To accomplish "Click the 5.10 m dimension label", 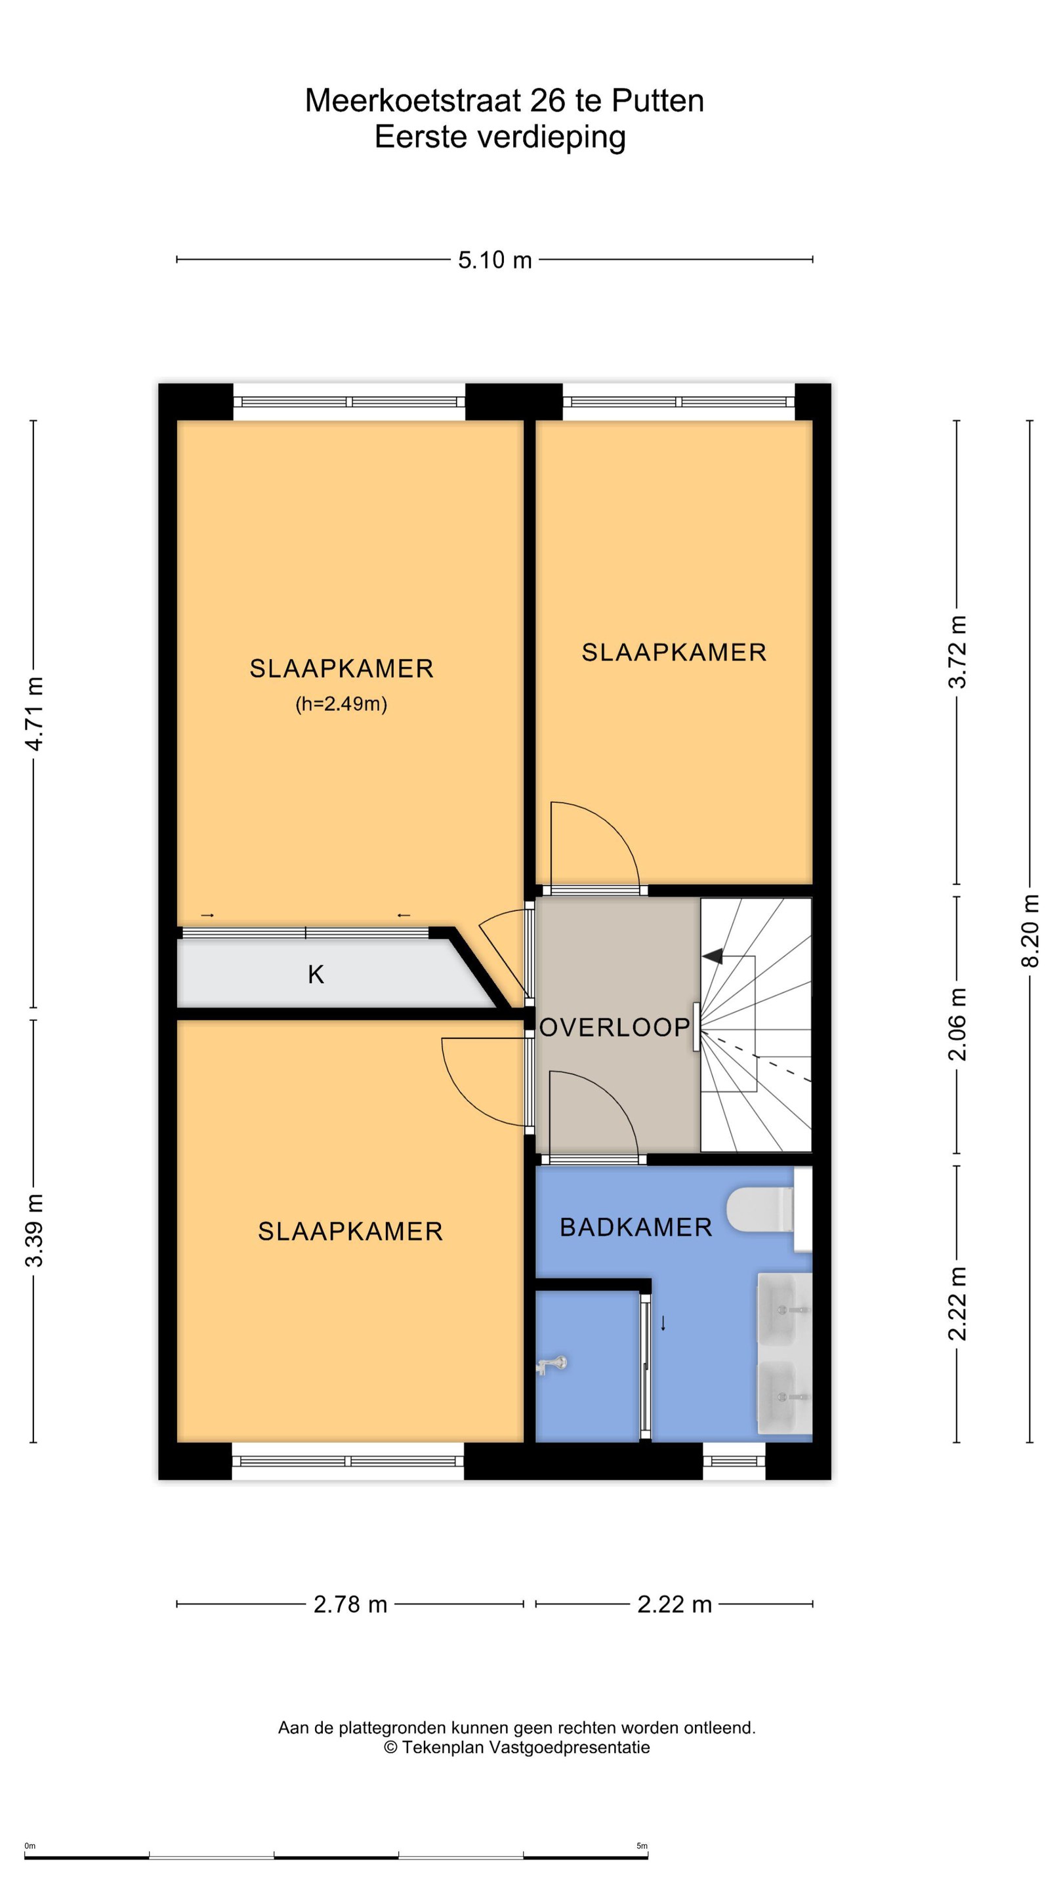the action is (495, 260).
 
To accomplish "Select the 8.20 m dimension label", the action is (1030, 931).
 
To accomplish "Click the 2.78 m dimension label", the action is (350, 1604).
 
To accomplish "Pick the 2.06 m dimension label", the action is (957, 1025).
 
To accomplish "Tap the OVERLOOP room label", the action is (615, 1027).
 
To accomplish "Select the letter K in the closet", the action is (316, 975).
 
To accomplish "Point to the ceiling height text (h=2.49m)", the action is (341, 704).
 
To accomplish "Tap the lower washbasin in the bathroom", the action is (783, 1397).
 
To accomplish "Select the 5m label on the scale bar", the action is (642, 1846).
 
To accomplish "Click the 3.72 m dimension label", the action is (957, 652).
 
